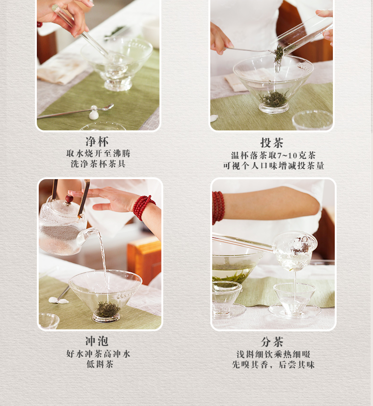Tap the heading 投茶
click(x=272, y=143)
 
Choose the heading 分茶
click(x=272, y=342)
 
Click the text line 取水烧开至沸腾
click(x=98, y=154)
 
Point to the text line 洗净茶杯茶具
click(x=98, y=164)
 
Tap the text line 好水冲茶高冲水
click(x=98, y=354)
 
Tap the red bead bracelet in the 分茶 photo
click(x=218, y=207)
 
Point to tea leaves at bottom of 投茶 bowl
click(x=274, y=99)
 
